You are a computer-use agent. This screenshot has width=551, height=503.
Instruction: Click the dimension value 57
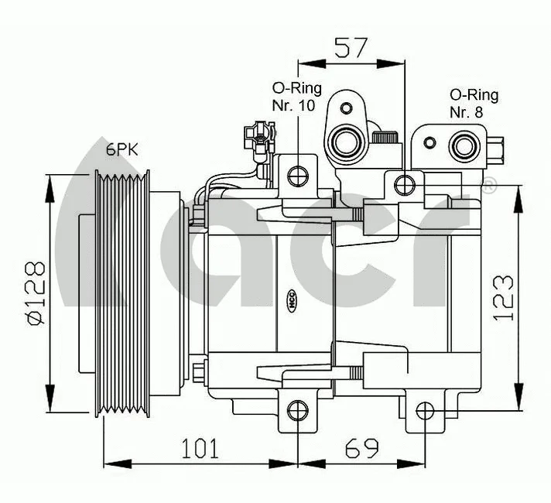pos(351,49)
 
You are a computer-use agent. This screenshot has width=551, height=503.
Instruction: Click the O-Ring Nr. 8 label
pos(474,102)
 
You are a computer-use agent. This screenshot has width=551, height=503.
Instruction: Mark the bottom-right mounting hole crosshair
pos(423,410)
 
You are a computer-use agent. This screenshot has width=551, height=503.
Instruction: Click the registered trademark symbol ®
pos(489,186)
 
